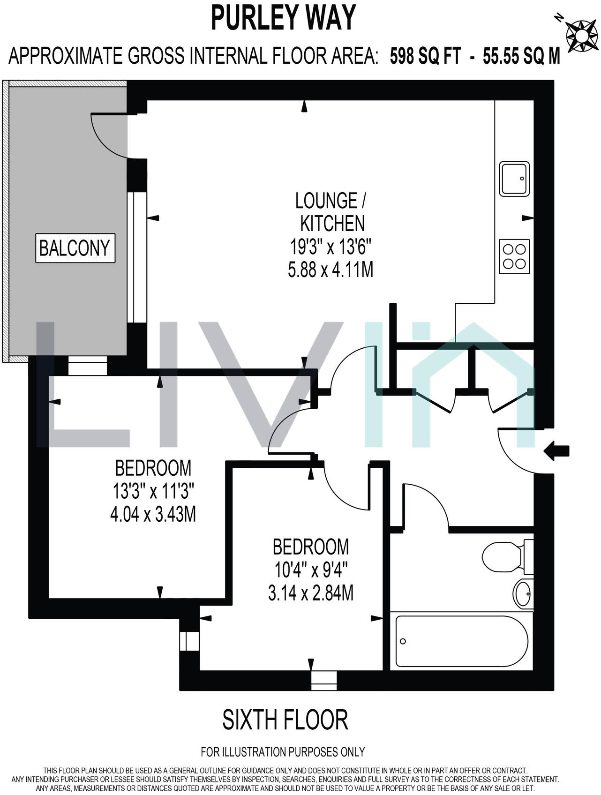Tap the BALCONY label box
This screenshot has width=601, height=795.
click(75, 248)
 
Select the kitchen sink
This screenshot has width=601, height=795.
click(514, 179)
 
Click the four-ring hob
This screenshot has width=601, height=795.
click(514, 256)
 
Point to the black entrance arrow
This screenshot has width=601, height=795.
click(556, 451)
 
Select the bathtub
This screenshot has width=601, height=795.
click(462, 641)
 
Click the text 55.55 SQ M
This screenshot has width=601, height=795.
click(521, 57)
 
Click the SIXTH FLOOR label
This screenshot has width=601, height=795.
click(285, 720)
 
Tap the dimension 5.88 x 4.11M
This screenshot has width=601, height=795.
click(331, 270)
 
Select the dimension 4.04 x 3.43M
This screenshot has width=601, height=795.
click(153, 515)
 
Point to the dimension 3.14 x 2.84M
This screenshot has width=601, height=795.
click(310, 593)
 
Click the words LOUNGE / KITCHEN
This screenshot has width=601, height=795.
click(331, 212)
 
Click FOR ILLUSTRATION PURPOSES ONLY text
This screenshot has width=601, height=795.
click(283, 752)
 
